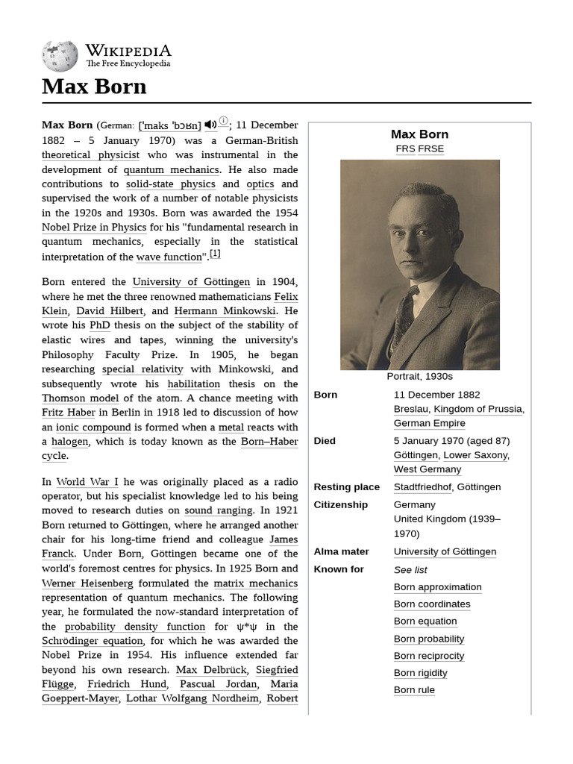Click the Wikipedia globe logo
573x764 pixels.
(60, 56)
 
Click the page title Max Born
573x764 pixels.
(94, 87)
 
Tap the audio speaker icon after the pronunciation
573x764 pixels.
(210, 125)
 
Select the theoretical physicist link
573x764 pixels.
(90, 155)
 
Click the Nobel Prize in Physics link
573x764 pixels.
(94, 228)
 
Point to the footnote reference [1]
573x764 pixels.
(215, 254)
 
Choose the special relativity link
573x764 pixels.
(142, 369)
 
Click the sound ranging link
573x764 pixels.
(219, 510)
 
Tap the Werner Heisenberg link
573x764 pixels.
(88, 583)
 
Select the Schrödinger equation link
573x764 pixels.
(93, 641)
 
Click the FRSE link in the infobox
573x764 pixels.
(430, 148)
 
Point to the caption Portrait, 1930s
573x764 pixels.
(419, 377)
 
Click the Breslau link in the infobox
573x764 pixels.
(410, 409)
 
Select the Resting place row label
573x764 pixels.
(346, 487)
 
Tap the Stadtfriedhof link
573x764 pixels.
(422, 487)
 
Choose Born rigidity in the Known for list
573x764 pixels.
(420, 673)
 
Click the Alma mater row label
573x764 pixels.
(341, 551)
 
